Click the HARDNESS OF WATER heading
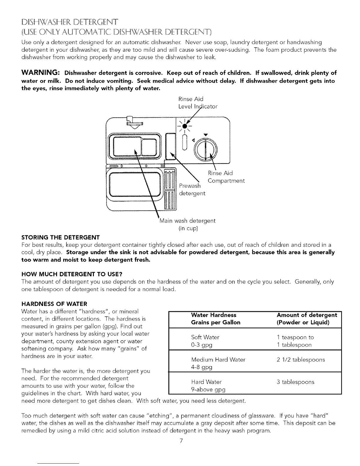pos(54,304)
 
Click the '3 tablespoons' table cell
pos(295,382)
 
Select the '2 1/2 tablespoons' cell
pos(301,360)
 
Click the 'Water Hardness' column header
pos(214,315)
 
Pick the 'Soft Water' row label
pos(205,337)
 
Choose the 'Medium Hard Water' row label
pos(218,360)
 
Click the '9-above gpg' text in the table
pos(208,390)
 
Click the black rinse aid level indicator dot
pos(185,126)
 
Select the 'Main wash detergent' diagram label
pos(188,221)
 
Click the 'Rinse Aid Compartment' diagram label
pos(226,177)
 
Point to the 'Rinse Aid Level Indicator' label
pos(198,103)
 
